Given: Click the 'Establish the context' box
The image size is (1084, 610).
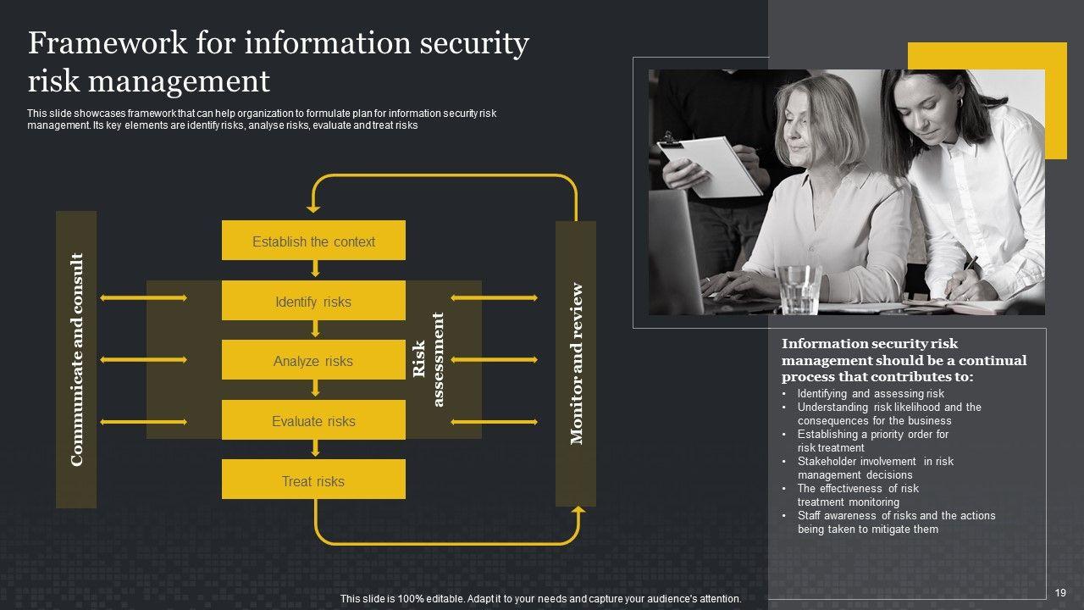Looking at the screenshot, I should point(313,241).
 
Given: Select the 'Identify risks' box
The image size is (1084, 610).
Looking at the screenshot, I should point(313,301).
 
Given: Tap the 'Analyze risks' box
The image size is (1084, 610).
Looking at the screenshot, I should point(313,360).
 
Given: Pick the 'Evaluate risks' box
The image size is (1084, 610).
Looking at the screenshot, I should point(313,420).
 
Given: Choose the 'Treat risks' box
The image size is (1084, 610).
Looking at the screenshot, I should point(313,480).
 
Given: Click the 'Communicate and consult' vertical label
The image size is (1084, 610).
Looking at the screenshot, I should point(76,359).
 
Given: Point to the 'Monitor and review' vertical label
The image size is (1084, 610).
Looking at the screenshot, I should point(576,363).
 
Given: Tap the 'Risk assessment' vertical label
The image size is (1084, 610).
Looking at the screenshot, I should point(428,359).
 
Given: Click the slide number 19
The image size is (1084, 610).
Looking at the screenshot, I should point(1060,592).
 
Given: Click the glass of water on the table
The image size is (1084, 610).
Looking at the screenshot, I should point(797,289).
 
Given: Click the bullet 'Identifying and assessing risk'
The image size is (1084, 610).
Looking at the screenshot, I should point(870,394).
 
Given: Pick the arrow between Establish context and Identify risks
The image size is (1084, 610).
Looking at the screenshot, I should point(315,269).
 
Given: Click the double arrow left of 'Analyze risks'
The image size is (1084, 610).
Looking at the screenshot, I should point(143,360).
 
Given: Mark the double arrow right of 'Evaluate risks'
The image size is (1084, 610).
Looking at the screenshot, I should point(494,421).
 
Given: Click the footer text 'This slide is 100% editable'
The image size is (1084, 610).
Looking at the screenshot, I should point(540,599).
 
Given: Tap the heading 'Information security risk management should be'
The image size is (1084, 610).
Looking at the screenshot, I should point(903,360).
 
